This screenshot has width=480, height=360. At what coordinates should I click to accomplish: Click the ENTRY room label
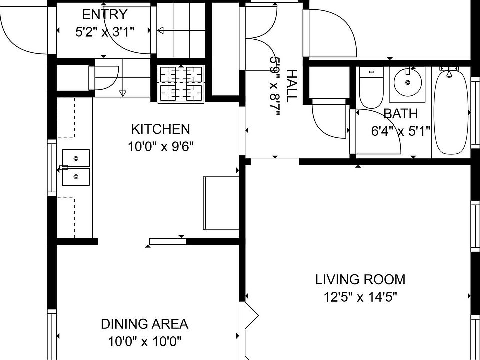(x=104, y=14)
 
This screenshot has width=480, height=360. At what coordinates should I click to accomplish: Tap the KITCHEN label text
(x=160, y=129)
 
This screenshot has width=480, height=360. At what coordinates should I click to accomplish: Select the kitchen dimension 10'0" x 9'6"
(x=161, y=147)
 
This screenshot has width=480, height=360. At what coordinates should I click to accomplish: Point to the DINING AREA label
(x=145, y=324)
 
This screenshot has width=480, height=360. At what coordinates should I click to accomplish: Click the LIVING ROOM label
(x=360, y=280)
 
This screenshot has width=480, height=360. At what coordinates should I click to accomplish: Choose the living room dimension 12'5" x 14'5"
(x=360, y=297)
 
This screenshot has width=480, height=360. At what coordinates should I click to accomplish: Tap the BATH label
(x=400, y=114)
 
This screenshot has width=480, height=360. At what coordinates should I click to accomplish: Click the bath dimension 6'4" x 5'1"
(x=401, y=131)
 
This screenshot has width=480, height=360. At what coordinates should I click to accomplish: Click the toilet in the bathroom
(x=371, y=88)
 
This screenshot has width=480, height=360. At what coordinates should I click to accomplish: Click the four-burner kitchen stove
(x=181, y=84)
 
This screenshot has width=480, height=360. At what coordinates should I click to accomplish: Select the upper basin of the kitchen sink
(x=76, y=158)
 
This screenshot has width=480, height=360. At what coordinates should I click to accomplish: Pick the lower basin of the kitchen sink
(x=76, y=177)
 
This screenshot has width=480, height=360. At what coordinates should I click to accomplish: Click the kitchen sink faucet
(x=63, y=168)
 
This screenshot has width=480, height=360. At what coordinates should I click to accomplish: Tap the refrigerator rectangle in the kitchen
(x=221, y=203)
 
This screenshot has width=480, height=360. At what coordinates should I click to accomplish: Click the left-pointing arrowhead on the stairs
(x=160, y=30)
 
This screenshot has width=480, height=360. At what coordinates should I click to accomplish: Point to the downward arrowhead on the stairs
(x=123, y=93)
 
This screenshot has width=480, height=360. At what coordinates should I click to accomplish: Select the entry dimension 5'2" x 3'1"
(x=105, y=32)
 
